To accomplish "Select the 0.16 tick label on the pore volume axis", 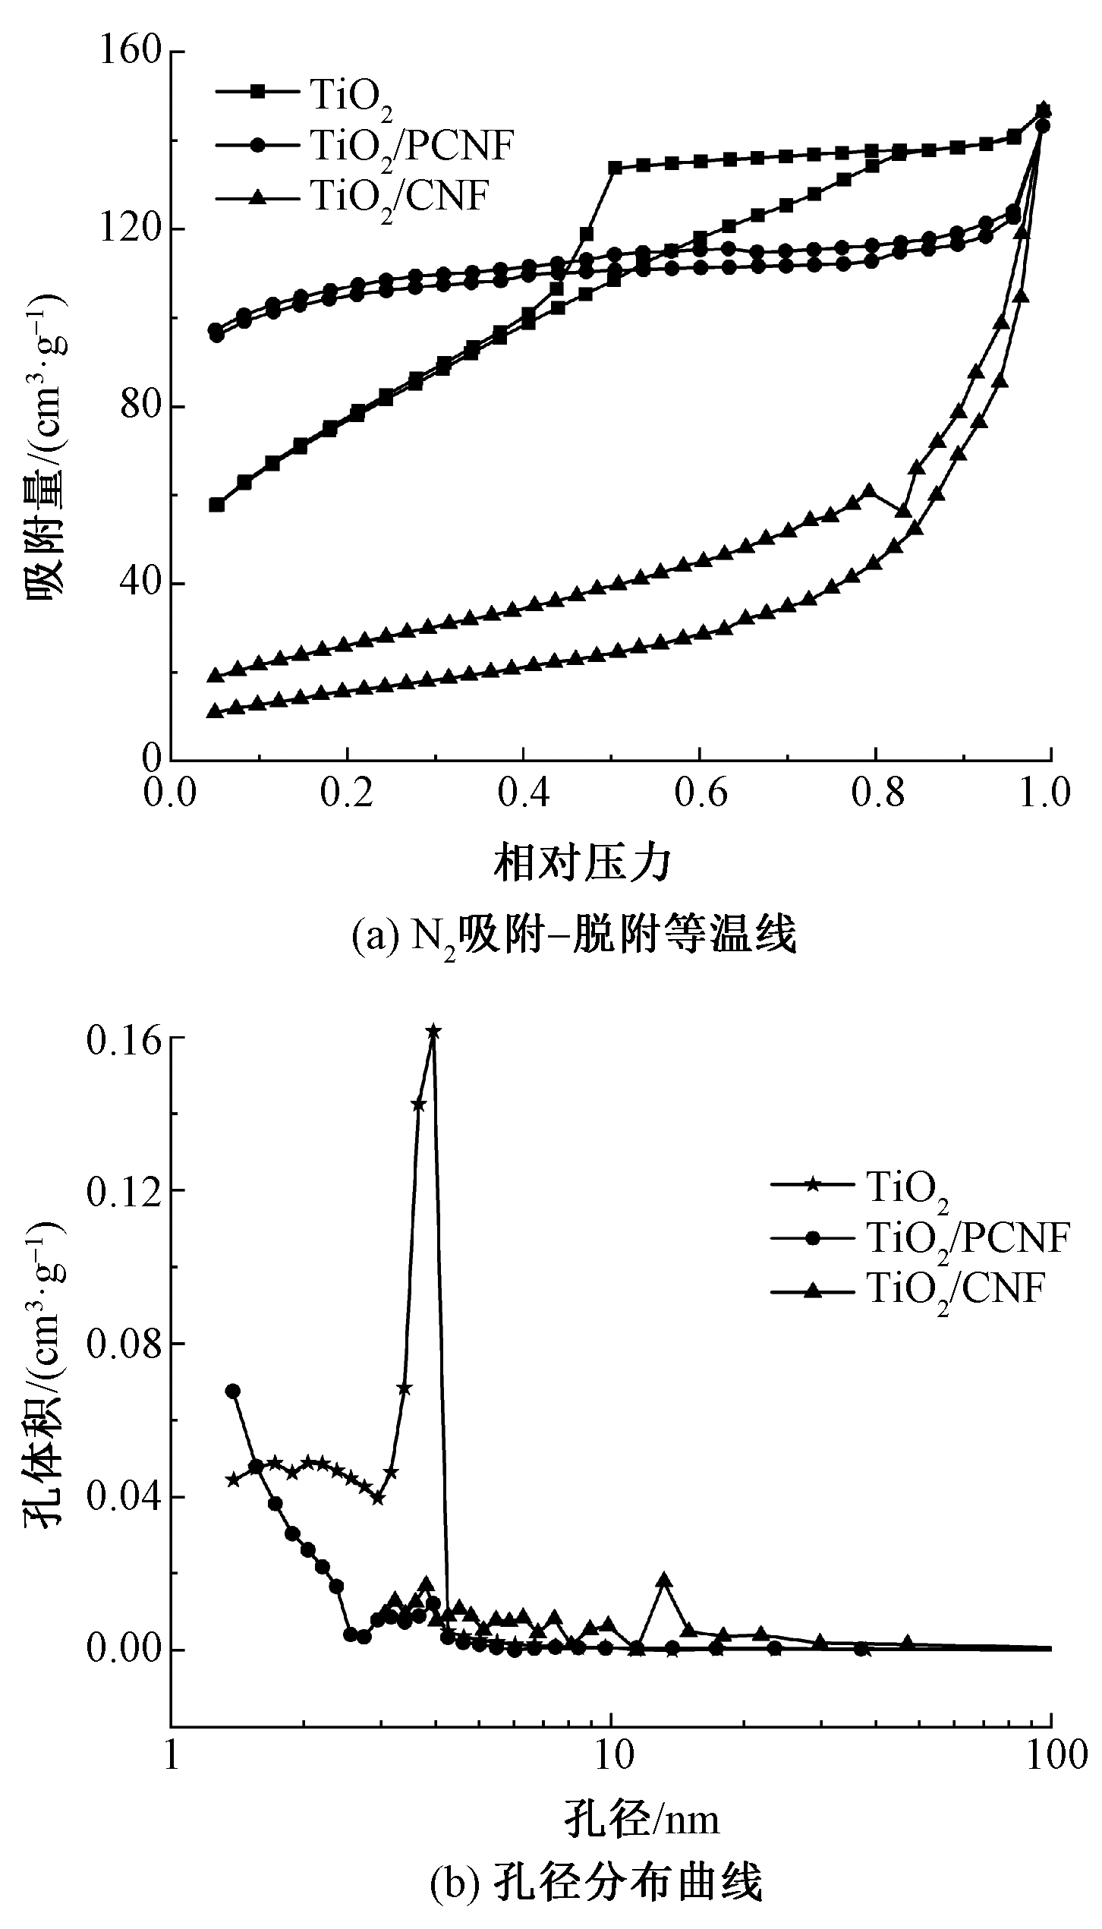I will pyautogui.click(x=122, y=1040).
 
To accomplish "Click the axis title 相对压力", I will pyautogui.click(x=583, y=863).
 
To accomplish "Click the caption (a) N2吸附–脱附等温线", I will pyautogui.click(x=574, y=936).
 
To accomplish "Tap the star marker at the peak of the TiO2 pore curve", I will pyautogui.click(x=433, y=1032).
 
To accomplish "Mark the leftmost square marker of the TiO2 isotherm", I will pyautogui.click(x=217, y=505).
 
